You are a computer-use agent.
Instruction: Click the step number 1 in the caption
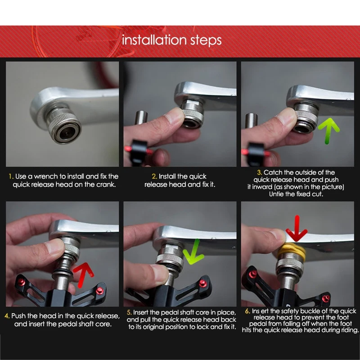point(11,176)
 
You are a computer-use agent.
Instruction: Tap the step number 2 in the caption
point(154,176)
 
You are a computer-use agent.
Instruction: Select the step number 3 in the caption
point(259,172)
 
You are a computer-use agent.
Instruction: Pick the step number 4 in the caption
point(7,316)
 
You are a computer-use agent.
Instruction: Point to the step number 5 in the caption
point(129,312)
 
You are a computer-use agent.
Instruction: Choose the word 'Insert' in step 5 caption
point(143,312)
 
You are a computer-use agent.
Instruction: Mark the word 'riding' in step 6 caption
point(348,330)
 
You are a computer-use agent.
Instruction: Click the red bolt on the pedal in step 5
point(202,283)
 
